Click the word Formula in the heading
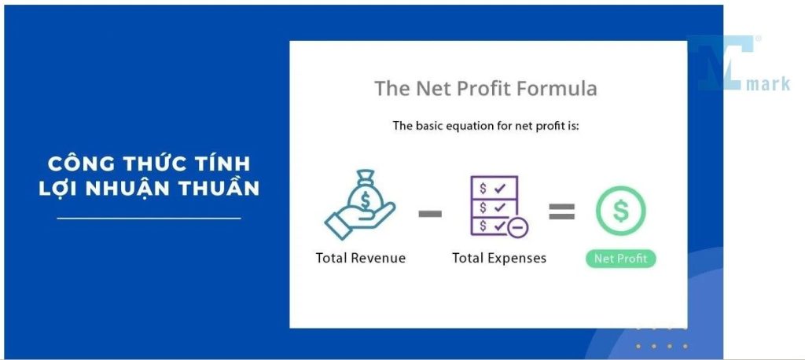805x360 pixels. pos(557,88)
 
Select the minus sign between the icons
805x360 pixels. pos(430,213)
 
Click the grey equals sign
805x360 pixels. pos(561,211)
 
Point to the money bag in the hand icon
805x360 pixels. pos(365,193)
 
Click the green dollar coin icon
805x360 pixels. pos(620,211)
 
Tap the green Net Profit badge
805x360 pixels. pos(620,259)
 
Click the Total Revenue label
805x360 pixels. pos(360,258)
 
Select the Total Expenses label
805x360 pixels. pos(499,258)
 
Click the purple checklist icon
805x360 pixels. pos(494,206)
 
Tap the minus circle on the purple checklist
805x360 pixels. pos(517,227)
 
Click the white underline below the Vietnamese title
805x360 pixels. pos(149,219)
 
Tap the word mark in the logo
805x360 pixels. pos(768,83)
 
